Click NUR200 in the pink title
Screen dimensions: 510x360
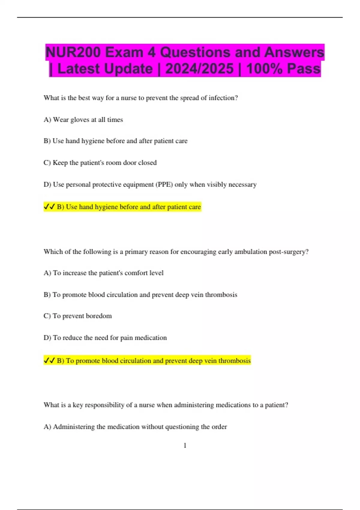pos(73,52)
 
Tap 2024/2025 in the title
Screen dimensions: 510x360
pos(199,69)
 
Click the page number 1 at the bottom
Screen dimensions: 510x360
pos(185,445)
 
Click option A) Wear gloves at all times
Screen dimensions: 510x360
pos(83,120)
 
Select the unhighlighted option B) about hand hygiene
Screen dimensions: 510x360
pos(115,141)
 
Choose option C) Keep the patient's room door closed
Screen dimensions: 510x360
pos(100,163)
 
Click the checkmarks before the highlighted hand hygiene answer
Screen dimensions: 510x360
pos(49,207)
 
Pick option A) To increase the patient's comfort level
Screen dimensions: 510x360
pos(103,273)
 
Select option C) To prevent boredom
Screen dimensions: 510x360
pos(78,316)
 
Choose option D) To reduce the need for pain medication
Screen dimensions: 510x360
pos(105,338)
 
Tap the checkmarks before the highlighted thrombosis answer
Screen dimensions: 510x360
pos(49,360)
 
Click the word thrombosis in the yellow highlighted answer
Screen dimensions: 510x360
pos(234,361)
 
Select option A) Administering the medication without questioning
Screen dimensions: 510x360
pos(135,427)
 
